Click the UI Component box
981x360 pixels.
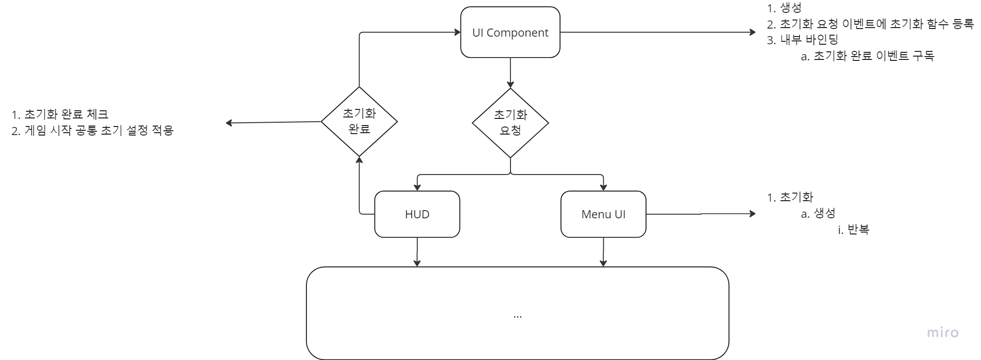point(510,32)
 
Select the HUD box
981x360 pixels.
point(417,214)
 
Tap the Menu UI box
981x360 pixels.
point(603,214)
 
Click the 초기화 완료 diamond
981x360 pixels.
point(359,121)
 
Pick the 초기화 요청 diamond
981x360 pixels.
point(510,122)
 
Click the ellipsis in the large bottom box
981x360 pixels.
point(517,316)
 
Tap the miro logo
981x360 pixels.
point(942,332)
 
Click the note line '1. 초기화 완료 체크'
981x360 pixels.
point(60,115)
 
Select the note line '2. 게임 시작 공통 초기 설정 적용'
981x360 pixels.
point(93,130)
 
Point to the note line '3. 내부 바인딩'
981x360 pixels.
point(803,39)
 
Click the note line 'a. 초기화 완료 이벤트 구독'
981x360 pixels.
point(867,56)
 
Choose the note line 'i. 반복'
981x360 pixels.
point(853,230)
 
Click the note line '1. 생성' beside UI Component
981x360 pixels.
point(784,8)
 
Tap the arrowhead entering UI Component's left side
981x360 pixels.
point(458,32)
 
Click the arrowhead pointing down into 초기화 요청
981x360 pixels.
point(510,85)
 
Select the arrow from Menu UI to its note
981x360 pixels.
point(699,214)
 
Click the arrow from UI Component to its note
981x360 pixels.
point(657,32)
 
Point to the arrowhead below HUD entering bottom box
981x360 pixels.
point(417,263)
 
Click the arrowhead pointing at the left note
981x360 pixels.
point(229,123)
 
